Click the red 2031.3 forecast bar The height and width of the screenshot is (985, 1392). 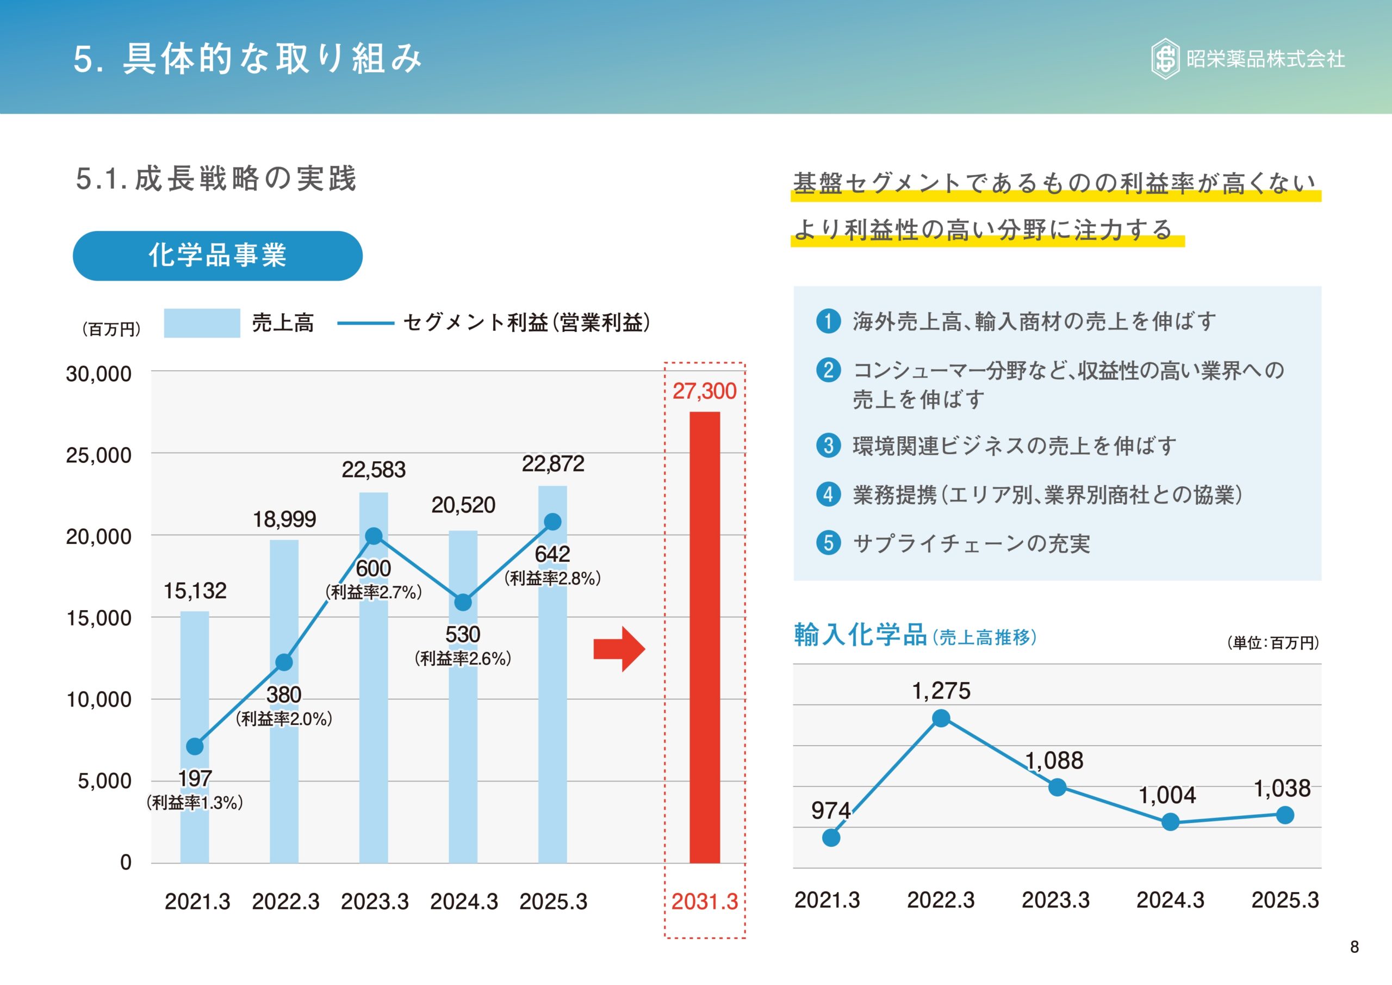click(x=705, y=637)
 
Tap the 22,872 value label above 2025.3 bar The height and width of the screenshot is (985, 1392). click(x=553, y=464)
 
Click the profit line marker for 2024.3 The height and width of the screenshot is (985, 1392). click(x=463, y=602)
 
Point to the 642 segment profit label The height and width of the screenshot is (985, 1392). click(x=552, y=554)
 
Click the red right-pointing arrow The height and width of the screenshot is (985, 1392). click(x=619, y=649)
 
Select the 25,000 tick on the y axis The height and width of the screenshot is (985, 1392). click(x=98, y=455)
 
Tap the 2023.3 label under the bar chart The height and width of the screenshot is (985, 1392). click(x=375, y=901)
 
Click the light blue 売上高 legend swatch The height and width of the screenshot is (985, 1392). click(x=202, y=323)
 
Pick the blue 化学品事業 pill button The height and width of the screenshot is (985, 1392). click(x=217, y=255)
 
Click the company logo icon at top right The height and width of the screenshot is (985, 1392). click(x=1165, y=59)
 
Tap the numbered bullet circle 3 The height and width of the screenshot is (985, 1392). click(x=828, y=445)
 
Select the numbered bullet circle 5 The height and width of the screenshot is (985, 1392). click(x=828, y=542)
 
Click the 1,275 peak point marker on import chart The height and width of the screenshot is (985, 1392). click(x=941, y=718)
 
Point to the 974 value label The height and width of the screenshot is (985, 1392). click(x=831, y=810)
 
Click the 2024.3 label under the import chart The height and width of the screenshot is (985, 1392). click(x=1170, y=900)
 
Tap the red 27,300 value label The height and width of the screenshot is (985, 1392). click(x=705, y=391)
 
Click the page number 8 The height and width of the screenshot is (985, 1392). click(x=1354, y=947)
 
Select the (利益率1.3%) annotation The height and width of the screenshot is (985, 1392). click(x=195, y=802)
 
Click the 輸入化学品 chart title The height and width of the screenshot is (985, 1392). click(x=860, y=635)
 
